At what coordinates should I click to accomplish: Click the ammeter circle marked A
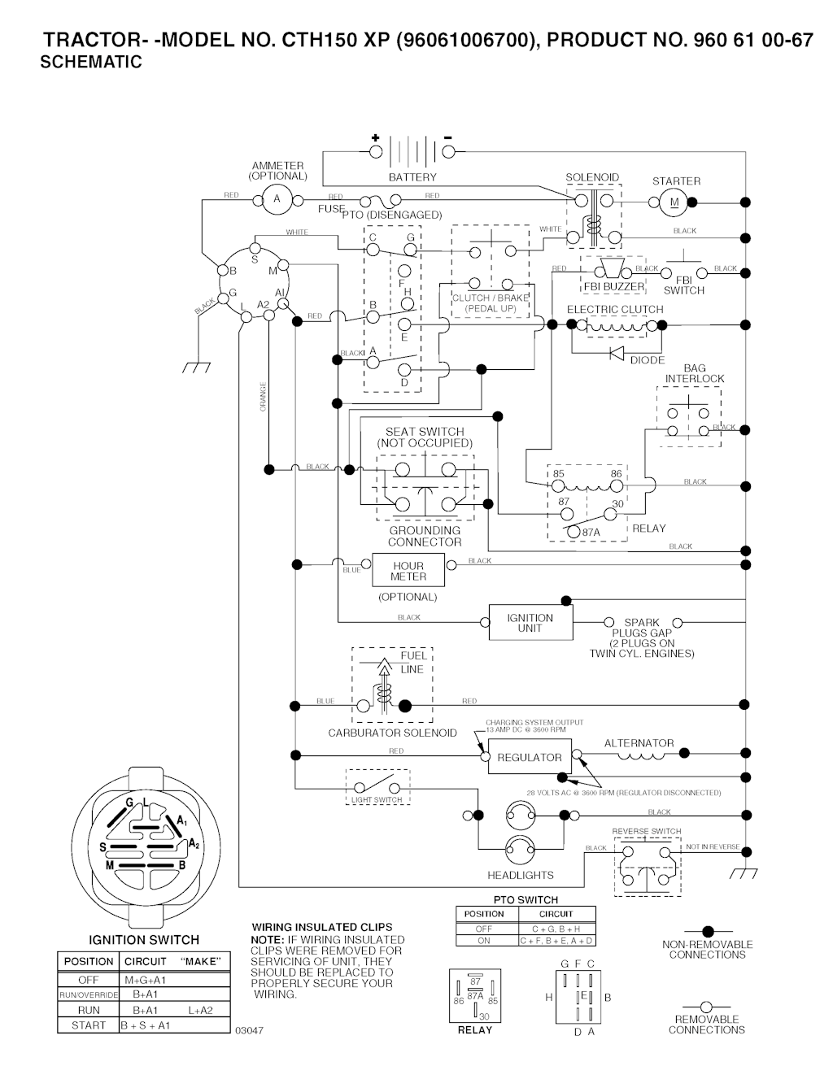click(277, 198)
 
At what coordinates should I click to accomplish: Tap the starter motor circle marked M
click(673, 202)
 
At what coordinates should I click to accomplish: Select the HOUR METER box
click(408, 571)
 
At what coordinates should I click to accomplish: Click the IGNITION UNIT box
click(530, 623)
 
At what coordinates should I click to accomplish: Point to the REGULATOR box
click(530, 757)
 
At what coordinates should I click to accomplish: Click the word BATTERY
click(412, 177)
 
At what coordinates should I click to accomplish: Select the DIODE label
click(648, 360)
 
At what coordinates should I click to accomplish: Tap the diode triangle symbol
click(617, 353)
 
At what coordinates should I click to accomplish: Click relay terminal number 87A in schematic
click(591, 532)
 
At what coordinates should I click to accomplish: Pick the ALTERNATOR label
click(639, 743)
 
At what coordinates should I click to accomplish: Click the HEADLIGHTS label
click(521, 875)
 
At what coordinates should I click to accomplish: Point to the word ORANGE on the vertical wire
click(263, 396)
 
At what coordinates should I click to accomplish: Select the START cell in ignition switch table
click(88, 1025)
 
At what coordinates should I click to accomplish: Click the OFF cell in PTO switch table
click(484, 929)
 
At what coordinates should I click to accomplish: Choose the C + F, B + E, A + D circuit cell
click(557, 941)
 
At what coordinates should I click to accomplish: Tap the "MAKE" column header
click(200, 961)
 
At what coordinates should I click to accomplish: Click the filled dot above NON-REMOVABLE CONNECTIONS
click(708, 931)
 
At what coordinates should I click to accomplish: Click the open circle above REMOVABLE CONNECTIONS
click(707, 1007)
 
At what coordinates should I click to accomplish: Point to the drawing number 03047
click(249, 1030)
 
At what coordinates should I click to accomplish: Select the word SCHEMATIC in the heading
click(91, 62)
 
